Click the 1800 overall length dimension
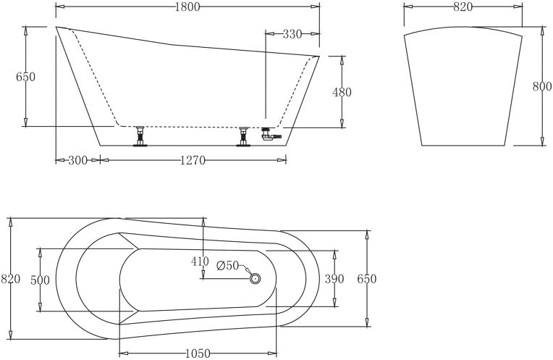(187, 7)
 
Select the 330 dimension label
(292, 34)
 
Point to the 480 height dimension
(342, 92)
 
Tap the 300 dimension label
(77, 161)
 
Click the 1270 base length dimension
(193, 161)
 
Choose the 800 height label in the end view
(541, 86)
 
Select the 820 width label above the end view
(463, 7)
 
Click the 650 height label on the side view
(26, 77)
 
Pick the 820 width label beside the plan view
(11, 279)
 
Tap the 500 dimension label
(40, 280)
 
